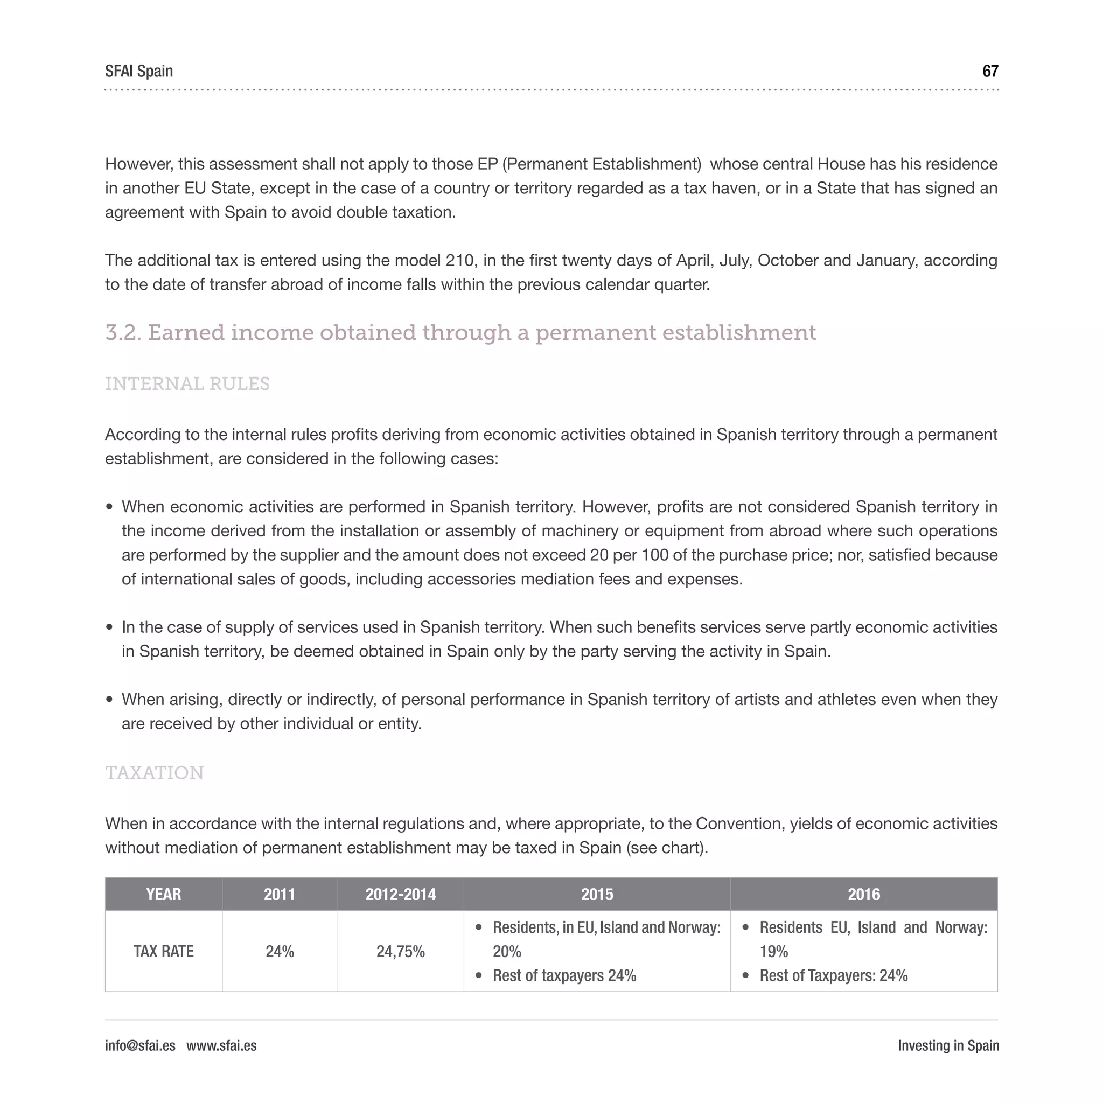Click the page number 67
pyautogui.click(x=990, y=72)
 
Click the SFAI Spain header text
pyautogui.click(x=139, y=72)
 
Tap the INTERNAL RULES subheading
pyautogui.click(x=187, y=383)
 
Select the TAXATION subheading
pyautogui.click(x=154, y=772)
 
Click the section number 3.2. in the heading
pyautogui.click(x=123, y=333)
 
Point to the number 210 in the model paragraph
pyautogui.click(x=459, y=260)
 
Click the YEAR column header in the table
pyautogui.click(x=163, y=894)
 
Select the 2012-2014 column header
pyautogui.click(x=400, y=894)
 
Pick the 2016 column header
pyautogui.click(x=863, y=894)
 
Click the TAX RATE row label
pyautogui.click(x=163, y=951)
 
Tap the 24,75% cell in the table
pyautogui.click(x=400, y=951)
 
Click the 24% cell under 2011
pyautogui.click(x=280, y=951)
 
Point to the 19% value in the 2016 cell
pyautogui.click(x=773, y=951)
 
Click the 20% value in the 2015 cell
pyautogui.click(x=507, y=951)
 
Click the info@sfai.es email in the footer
pyautogui.click(x=140, y=1045)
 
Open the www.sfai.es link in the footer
pyautogui.click(x=221, y=1045)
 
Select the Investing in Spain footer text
pyautogui.click(x=948, y=1045)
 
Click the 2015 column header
pyautogui.click(x=597, y=894)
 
